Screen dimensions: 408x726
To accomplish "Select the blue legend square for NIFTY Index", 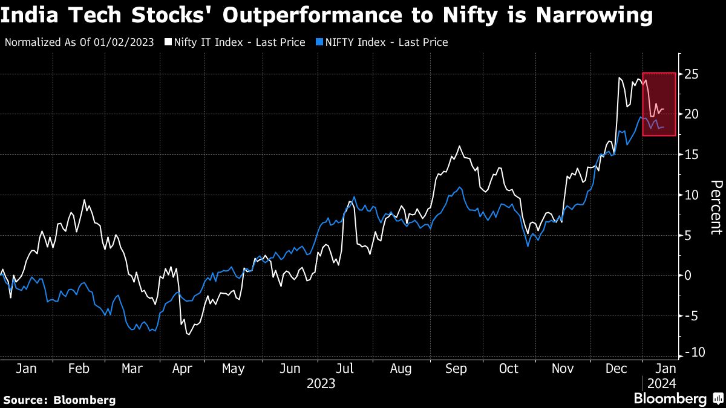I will [x=318, y=42].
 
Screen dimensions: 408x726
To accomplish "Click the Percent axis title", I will [x=716, y=207].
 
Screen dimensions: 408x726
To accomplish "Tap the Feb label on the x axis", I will [x=79, y=368].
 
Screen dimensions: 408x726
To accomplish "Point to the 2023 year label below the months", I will [x=321, y=383].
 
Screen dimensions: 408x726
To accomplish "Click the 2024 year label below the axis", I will [x=659, y=383].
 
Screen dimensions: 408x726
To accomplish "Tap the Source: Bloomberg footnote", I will [x=59, y=400].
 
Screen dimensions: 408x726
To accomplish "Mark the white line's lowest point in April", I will [x=188, y=334].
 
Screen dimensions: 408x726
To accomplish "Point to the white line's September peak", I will [x=460, y=146].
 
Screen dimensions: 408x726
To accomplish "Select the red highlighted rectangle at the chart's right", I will [x=659, y=104].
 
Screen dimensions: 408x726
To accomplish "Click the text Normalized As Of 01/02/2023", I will [x=79, y=42].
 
